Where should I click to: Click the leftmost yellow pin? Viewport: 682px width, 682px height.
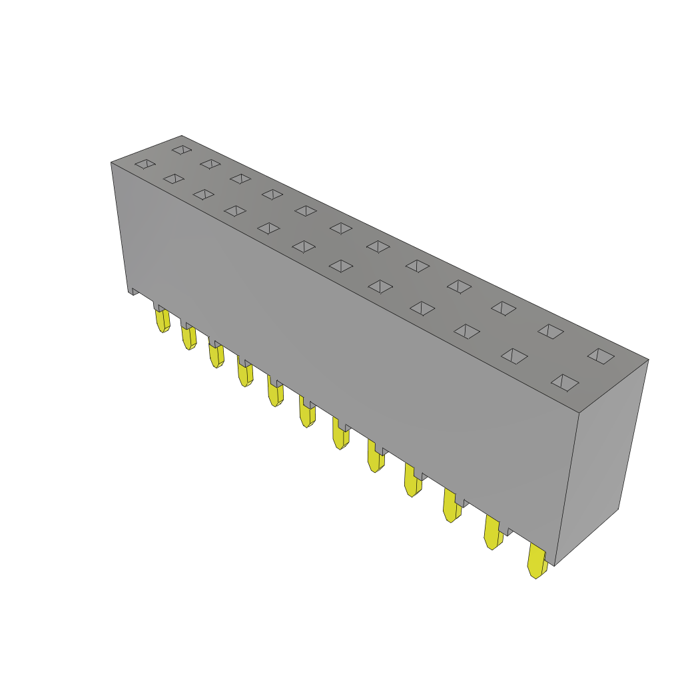(x=162, y=320)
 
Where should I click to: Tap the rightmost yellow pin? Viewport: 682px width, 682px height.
(x=536, y=561)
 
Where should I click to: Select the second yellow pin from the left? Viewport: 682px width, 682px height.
(x=188, y=337)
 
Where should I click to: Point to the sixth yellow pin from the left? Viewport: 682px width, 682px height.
(x=306, y=412)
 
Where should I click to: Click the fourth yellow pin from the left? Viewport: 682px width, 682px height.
(x=244, y=372)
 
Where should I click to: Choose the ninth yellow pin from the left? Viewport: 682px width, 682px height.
(x=412, y=480)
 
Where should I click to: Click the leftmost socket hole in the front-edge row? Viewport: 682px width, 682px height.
(x=145, y=164)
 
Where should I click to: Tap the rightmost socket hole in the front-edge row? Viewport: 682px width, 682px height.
(x=565, y=382)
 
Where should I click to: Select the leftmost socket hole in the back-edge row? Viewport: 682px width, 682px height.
(x=182, y=150)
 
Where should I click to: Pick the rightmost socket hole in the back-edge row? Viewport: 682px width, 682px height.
(x=601, y=356)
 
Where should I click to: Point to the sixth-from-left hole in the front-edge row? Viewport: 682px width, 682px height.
(x=304, y=246)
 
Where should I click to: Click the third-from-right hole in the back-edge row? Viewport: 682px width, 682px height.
(x=504, y=308)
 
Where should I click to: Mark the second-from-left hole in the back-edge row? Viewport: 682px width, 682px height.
(x=210, y=164)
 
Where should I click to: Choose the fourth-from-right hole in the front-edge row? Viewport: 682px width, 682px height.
(x=422, y=308)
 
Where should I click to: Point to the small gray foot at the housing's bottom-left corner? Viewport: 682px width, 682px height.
(x=133, y=291)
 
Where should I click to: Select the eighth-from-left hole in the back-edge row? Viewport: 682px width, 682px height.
(x=418, y=266)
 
